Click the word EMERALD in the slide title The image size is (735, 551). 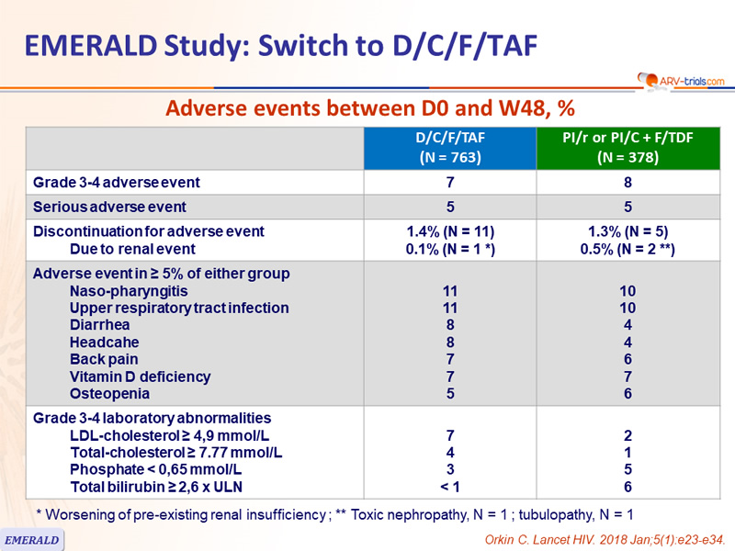pos(90,45)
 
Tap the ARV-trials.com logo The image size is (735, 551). pos(681,81)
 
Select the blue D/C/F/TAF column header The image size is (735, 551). pos(450,148)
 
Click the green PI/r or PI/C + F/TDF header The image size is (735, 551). pos(628,148)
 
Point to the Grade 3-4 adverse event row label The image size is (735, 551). pos(117,182)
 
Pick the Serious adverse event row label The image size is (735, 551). pos(109,207)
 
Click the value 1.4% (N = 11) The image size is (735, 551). pos(450,231)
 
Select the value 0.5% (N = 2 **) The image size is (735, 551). pos(628,249)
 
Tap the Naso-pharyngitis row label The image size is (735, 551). pos(129,291)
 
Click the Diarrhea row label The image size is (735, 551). pos(99,325)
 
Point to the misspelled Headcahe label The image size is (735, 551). pos(104,342)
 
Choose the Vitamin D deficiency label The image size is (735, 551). pos(141,377)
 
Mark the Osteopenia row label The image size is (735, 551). pos(109,394)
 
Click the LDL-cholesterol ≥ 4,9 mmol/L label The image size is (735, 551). pos(170,435)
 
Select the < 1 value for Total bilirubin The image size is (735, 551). pos(450,487)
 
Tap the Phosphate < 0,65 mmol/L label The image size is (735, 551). pos(155,469)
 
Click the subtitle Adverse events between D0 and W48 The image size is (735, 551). pos(370,108)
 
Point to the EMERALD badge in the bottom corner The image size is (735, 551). pos(31,540)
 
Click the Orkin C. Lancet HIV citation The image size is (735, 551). pos(605,540)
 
